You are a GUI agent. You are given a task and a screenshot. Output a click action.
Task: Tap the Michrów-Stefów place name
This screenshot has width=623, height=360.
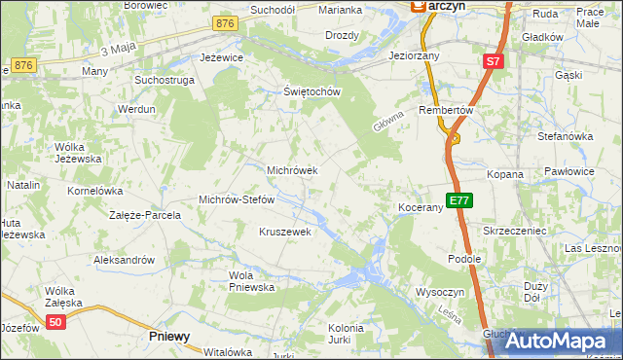(x=237, y=199)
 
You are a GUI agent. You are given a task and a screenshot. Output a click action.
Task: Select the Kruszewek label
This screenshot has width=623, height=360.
(x=284, y=232)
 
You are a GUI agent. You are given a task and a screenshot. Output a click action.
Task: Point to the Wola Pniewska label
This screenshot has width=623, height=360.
(x=252, y=281)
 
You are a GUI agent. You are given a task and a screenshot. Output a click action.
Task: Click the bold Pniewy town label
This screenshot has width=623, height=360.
(x=169, y=336)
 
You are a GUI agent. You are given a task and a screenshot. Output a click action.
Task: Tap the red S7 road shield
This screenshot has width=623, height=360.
(x=493, y=61)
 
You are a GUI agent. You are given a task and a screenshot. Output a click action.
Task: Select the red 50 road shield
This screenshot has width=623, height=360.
(x=56, y=323)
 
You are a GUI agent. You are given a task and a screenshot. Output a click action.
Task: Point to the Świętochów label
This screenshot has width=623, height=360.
(x=311, y=92)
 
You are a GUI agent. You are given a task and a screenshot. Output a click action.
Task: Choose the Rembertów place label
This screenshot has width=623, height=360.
(x=445, y=110)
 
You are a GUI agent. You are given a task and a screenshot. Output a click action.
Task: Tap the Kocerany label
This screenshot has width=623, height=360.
(x=421, y=208)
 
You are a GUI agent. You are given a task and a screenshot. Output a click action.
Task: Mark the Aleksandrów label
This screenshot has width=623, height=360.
(x=124, y=260)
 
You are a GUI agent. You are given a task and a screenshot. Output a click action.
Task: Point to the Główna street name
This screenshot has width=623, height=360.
(x=386, y=121)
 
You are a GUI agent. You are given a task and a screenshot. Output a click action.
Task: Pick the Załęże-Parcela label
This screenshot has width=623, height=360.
(x=145, y=215)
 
